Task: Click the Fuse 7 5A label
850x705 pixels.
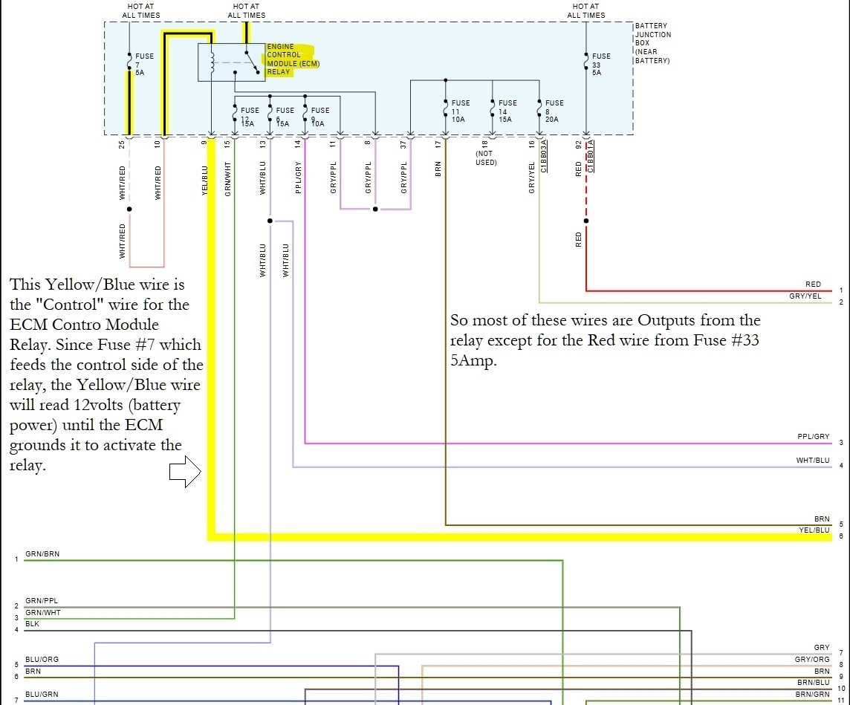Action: (x=144, y=64)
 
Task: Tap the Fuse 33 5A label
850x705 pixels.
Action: (x=601, y=64)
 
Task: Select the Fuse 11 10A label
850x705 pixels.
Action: (x=460, y=111)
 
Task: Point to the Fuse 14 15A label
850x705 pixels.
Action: (x=507, y=111)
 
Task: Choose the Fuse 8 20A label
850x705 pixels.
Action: (x=554, y=111)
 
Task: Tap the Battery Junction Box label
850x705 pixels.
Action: (x=652, y=43)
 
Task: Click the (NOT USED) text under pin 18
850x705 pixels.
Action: (x=485, y=158)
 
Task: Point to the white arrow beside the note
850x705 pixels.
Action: (x=185, y=472)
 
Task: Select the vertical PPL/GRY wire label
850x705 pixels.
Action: (x=298, y=178)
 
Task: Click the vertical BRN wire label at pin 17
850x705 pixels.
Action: (x=438, y=169)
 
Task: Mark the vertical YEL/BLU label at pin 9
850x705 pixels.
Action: (x=205, y=180)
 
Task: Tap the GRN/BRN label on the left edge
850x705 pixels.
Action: (x=42, y=554)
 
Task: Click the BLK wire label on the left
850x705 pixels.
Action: (x=32, y=624)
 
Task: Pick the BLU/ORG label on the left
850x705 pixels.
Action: (x=42, y=659)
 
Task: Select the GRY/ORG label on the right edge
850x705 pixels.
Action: (x=812, y=659)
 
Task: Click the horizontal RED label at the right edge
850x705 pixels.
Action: (x=813, y=285)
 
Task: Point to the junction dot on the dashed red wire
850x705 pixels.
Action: (x=586, y=221)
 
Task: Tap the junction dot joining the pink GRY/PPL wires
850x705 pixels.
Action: (x=375, y=209)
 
